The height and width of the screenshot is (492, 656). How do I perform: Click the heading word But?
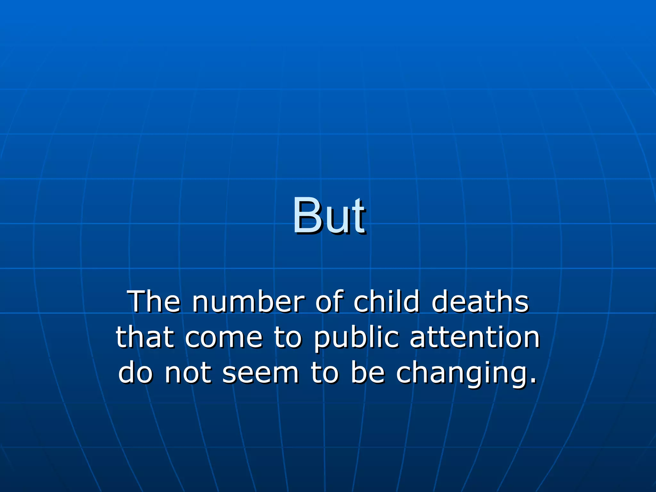[329, 216]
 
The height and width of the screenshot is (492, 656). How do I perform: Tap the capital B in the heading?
[308, 216]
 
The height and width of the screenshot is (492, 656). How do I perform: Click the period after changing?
[533, 381]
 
